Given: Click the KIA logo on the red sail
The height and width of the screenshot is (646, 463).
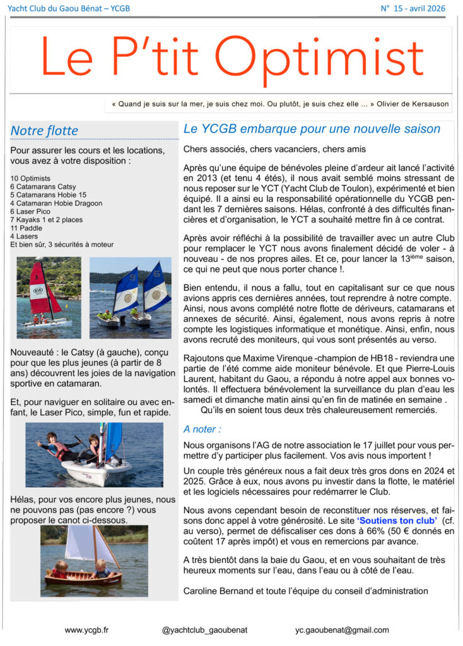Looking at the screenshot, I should point(39,291).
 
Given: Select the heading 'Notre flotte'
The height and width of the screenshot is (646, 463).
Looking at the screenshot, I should point(44,131).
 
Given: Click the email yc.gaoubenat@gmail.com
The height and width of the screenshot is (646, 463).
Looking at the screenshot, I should point(342,630).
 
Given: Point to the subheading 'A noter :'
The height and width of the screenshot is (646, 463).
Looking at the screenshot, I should point(202,429).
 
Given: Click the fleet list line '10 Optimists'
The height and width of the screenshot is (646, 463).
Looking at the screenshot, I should point(30,179).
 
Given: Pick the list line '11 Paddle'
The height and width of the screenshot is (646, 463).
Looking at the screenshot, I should point(26,228).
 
